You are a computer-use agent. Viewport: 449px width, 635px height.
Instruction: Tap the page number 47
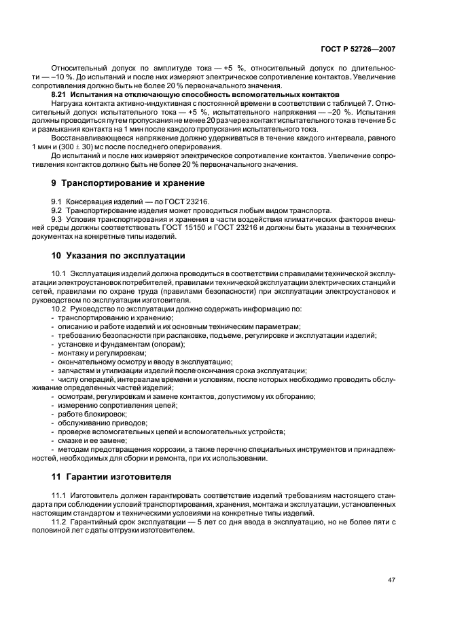coord(391,579)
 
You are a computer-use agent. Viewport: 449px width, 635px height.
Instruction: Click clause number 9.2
coord(56,210)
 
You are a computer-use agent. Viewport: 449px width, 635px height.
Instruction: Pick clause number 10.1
coord(58,273)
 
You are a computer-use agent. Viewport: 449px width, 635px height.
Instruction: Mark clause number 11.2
coord(58,522)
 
